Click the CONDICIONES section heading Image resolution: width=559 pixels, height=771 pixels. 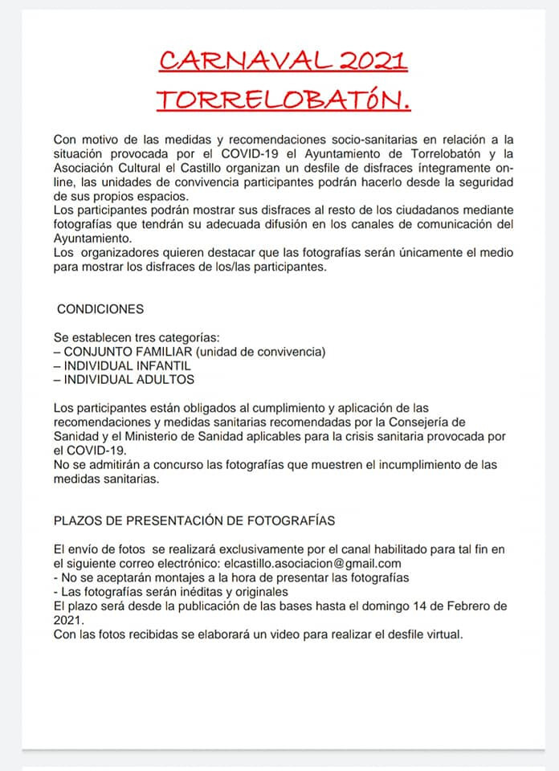point(100,309)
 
